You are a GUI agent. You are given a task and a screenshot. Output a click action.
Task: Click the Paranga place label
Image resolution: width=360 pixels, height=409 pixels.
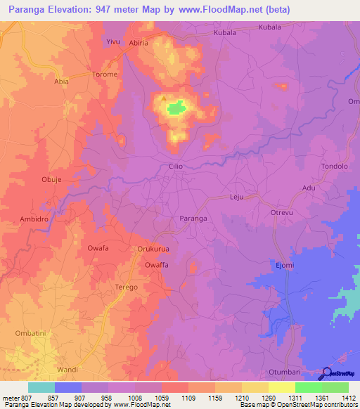193,219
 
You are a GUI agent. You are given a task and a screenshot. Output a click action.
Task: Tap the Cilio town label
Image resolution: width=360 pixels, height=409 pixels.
176,167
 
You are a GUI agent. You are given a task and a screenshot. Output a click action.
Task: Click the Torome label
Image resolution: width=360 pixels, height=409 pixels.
105,74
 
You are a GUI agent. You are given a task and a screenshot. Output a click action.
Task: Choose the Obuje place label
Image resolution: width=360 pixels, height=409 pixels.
52,179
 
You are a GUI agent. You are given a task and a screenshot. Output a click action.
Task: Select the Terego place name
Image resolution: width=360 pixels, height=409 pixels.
126,287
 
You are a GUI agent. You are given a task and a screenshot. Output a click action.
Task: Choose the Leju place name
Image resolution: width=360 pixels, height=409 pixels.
236,197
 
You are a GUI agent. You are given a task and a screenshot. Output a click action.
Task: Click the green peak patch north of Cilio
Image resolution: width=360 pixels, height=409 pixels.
176,108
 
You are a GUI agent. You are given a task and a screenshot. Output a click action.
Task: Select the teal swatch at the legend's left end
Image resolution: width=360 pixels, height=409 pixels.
41,387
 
